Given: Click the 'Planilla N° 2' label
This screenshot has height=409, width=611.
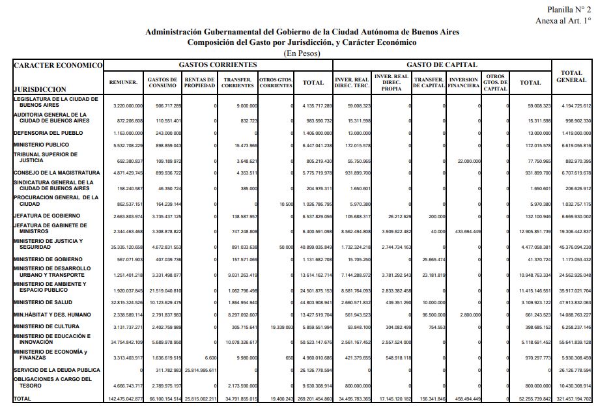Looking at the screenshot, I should click(569, 9).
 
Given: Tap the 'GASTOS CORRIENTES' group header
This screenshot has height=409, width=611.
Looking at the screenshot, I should click(218, 65).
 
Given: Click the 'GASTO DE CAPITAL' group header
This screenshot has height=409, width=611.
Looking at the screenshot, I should click(442, 65).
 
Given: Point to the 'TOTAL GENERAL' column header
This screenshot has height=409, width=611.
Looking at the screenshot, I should click(571, 76).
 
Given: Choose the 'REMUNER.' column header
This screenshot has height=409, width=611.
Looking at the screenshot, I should click(124, 83).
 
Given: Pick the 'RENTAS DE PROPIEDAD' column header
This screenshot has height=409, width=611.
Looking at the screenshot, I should click(199, 83).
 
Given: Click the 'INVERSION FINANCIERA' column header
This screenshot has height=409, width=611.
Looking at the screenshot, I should click(464, 83).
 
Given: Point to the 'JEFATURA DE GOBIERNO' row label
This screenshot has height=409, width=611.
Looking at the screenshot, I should click(47, 216).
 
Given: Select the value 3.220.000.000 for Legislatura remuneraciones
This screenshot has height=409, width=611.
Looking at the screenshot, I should click(124, 106).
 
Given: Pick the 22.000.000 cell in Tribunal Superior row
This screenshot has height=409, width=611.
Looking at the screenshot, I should click(469, 161).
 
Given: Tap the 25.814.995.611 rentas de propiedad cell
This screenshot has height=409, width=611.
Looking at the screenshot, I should click(199, 370).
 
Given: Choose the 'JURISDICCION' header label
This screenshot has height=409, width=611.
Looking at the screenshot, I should click(40, 89).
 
